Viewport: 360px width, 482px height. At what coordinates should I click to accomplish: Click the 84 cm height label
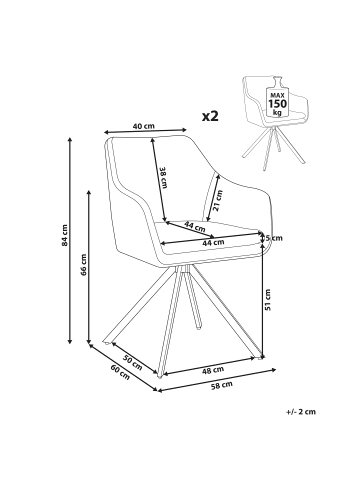point(65,235)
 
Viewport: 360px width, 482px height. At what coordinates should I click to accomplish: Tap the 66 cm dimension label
point(84,265)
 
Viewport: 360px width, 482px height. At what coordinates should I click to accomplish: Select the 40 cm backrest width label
point(144,126)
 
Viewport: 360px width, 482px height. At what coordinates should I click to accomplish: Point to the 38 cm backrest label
point(163,178)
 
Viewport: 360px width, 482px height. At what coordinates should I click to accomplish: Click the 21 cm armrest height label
point(218,201)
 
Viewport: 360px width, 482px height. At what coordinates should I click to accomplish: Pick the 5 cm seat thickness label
point(274,238)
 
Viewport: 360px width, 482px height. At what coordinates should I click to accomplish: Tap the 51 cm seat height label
point(268,299)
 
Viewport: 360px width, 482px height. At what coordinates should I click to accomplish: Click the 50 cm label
point(133,363)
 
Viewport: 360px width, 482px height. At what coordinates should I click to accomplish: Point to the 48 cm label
point(213,370)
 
